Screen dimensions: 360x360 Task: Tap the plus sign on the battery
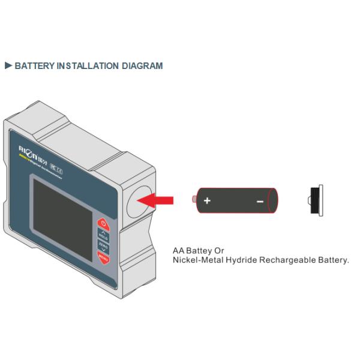click(x=207, y=200)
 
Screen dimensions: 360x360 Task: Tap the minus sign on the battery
click(x=260, y=202)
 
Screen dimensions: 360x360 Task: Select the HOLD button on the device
click(x=103, y=235)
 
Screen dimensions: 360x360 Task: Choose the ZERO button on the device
click(x=103, y=246)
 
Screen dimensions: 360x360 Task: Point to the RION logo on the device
click(x=29, y=148)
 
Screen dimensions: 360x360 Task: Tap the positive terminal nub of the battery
click(x=192, y=199)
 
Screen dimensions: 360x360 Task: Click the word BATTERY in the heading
click(x=34, y=65)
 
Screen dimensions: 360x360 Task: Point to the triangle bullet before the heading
click(x=8, y=65)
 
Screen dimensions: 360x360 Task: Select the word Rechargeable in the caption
click(x=286, y=260)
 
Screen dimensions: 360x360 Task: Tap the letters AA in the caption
click(x=178, y=250)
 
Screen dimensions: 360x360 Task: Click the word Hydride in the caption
click(x=239, y=260)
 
